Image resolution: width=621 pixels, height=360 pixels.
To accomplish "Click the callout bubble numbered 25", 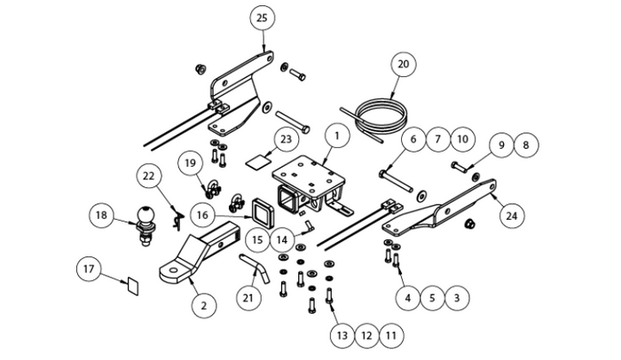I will pyautogui.click(x=261, y=19).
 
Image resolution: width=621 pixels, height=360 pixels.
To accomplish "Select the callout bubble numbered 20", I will pyautogui.click(x=404, y=65).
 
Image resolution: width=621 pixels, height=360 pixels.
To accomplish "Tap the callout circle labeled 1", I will pyautogui.click(x=337, y=137).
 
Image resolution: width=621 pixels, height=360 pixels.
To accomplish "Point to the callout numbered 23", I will pyautogui.click(x=284, y=139).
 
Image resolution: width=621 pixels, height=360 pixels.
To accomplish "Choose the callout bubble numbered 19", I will pyautogui.click(x=189, y=163).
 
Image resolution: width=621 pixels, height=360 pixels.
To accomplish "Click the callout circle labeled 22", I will pyautogui.click(x=149, y=176).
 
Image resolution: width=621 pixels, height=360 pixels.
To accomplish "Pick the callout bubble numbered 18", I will pyautogui.click(x=102, y=215).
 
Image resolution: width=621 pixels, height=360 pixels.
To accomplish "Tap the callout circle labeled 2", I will pyautogui.click(x=203, y=306).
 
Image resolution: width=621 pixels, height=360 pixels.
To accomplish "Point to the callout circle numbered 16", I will pyautogui.click(x=203, y=214).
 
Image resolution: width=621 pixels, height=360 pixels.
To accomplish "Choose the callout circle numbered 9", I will pyautogui.click(x=502, y=144).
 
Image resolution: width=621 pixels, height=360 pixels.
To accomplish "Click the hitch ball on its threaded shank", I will pyautogui.click(x=145, y=217).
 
